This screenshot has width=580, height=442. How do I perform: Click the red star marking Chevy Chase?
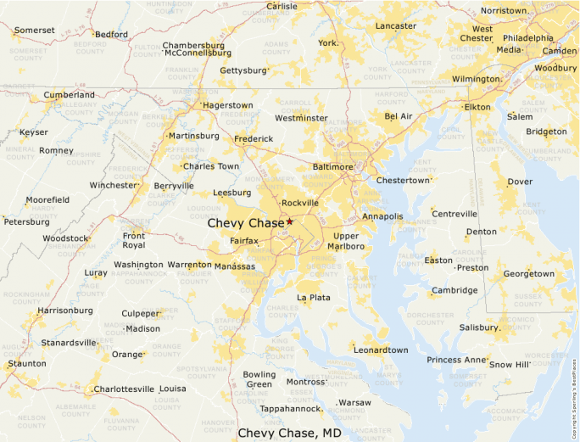[x=289, y=221]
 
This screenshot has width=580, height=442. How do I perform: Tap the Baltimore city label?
[x=332, y=167]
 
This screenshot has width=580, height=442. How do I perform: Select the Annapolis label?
[x=382, y=216]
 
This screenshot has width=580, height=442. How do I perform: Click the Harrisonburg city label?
[x=64, y=311]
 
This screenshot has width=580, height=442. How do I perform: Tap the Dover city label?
[x=520, y=182]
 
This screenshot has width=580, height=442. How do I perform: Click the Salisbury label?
[x=479, y=327]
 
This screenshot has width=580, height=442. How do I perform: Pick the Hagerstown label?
[x=227, y=105]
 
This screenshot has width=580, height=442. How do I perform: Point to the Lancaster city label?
[x=395, y=26]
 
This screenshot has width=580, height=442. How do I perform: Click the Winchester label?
[x=113, y=185]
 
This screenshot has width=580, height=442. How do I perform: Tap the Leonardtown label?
[x=381, y=350]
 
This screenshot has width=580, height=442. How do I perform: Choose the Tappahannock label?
[x=290, y=409]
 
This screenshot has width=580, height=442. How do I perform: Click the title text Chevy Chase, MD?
[x=289, y=433]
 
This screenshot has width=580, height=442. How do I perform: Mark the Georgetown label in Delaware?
[x=528, y=274]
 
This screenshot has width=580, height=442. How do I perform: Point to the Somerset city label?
[x=35, y=30]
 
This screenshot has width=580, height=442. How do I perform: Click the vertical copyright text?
[x=574, y=373]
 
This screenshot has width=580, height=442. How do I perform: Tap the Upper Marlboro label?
[x=348, y=241]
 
